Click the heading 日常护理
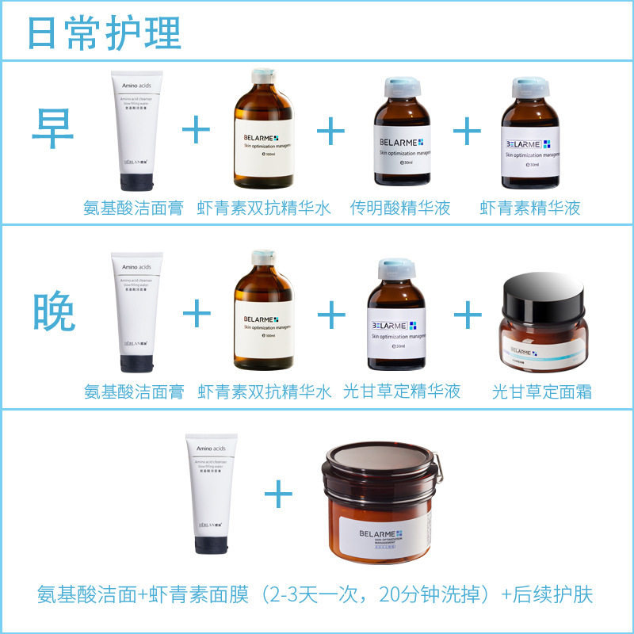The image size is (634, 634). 104,32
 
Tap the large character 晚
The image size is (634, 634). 55,312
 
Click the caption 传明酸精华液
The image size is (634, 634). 400,208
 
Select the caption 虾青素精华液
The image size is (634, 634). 529,208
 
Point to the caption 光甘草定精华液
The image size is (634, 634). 402,391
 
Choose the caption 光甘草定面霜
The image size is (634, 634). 541,391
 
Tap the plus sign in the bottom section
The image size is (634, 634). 278,496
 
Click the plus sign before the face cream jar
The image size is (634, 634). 468,315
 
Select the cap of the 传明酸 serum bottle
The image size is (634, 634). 401,87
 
